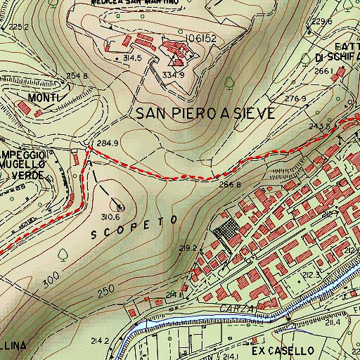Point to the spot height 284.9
pos(105,144)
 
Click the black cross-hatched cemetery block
pos(226,231)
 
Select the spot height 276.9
pos(296,98)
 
